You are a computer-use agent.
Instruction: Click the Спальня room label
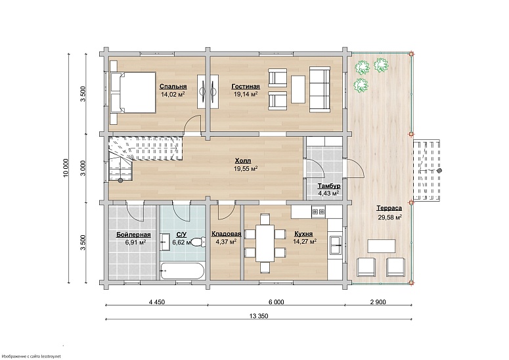tap(173, 86)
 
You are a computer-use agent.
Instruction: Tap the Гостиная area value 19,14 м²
tap(246, 94)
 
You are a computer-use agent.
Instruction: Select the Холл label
tap(243, 161)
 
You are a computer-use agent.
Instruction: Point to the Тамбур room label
tap(329, 186)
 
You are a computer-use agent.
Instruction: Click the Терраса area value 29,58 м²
tap(390, 217)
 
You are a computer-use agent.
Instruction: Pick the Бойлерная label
tap(133, 235)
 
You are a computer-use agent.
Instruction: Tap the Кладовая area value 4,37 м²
tap(226, 242)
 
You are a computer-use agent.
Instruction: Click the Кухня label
tap(303, 234)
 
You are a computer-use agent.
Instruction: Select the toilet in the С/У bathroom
tap(198, 242)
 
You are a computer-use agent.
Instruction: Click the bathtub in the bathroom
tap(183, 271)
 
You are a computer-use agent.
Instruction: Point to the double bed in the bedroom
tap(133, 93)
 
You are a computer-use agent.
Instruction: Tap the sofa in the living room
tap(320, 89)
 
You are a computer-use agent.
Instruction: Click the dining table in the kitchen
tap(265, 243)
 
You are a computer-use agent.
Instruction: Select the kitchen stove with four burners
tap(319, 212)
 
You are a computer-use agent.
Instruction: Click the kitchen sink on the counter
tap(336, 245)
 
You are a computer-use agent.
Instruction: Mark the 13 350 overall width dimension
tap(259, 316)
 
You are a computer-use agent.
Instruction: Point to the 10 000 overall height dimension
tap(66, 168)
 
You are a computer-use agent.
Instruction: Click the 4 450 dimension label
tap(157, 302)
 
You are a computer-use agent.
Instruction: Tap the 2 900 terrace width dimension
tap(378, 302)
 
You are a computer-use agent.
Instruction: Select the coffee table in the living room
tap(298, 89)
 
